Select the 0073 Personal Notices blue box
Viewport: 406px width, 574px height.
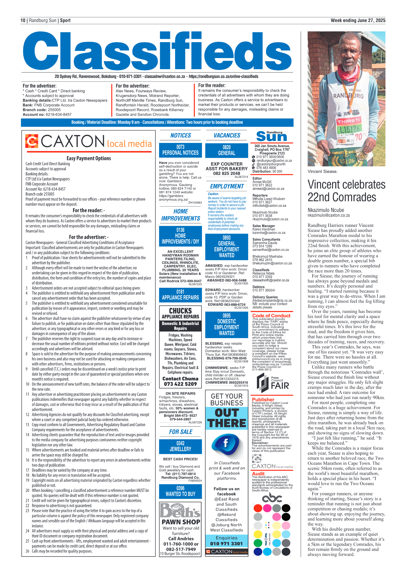pyautogui.click(x=180, y=150)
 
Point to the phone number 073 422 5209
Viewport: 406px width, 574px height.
pyautogui.click(x=180, y=384)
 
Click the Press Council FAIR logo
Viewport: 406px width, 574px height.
pyautogui.click(x=272, y=383)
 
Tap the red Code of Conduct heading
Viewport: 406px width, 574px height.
pyautogui.click(x=271, y=315)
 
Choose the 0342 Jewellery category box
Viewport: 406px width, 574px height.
pyautogui.click(x=180, y=446)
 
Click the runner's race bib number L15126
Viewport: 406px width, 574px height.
pyautogui.click(x=349, y=129)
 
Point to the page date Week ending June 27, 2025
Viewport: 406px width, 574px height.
pyautogui.click(x=358, y=20)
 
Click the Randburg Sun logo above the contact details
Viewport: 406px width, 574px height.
pyautogui.click(x=272, y=136)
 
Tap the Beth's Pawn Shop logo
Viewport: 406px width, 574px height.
pyautogui.click(x=180, y=510)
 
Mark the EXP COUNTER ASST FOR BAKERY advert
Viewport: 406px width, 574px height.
pyautogui.click(x=227, y=169)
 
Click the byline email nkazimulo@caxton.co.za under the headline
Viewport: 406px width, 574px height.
pyautogui.click(x=329, y=215)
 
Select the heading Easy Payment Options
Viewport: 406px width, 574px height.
pyautogui.click(x=89, y=158)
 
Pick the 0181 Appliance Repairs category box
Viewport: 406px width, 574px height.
pyautogui.click(x=180, y=295)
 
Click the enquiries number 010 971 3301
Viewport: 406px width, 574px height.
pyautogui.click(x=227, y=544)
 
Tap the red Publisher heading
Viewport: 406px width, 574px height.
pyautogui.click(x=263, y=400)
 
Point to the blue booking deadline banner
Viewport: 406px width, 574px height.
pyautogui.click(x=157, y=122)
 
